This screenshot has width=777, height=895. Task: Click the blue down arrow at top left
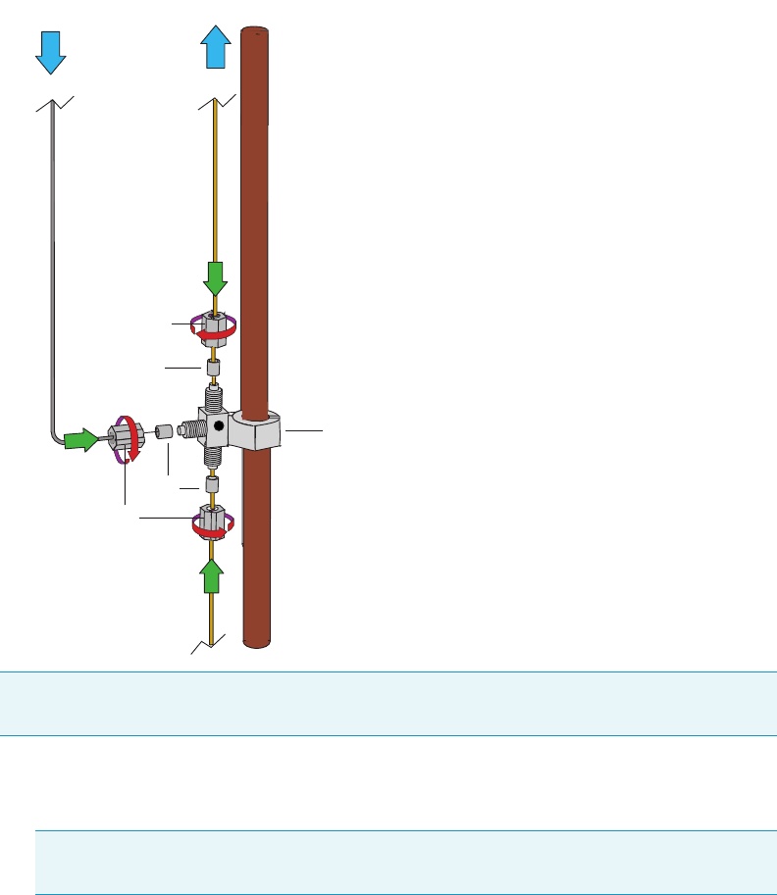50,52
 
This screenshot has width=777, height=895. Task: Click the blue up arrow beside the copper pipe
216,46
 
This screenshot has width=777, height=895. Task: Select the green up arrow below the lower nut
213,576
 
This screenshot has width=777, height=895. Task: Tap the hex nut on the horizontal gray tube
126,437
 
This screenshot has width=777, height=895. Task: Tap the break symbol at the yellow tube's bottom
211,643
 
